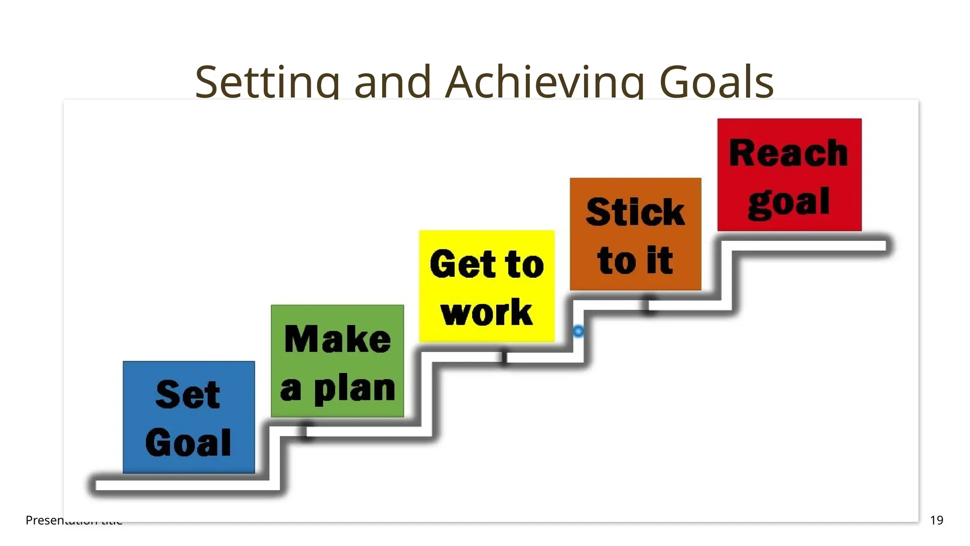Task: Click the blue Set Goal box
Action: coord(189,417)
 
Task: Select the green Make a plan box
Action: coord(337,361)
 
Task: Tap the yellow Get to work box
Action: coord(486,286)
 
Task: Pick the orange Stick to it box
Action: coord(635,234)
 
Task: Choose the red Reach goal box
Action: coord(789,175)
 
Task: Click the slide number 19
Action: coord(936,520)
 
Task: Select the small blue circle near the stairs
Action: coord(578,331)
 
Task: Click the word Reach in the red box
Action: coord(789,153)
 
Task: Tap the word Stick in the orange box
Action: coord(635,212)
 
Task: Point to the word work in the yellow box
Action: coord(486,312)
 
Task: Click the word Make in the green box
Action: coord(338,339)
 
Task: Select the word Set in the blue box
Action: coord(188,394)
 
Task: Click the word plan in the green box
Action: coord(355,390)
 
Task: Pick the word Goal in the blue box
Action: coord(188,443)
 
